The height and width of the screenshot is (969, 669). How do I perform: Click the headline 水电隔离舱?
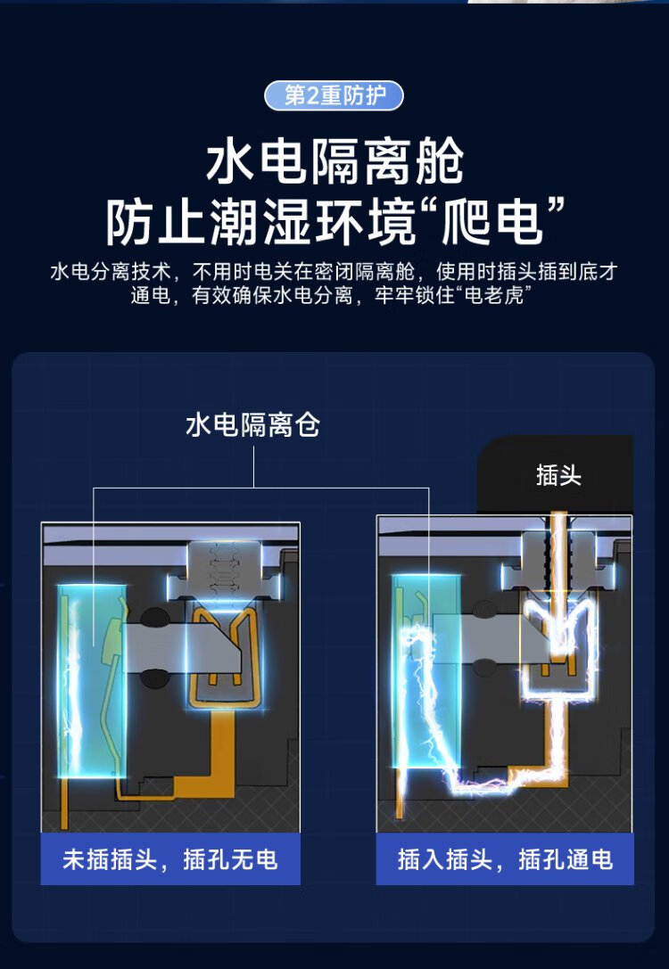(x=334, y=163)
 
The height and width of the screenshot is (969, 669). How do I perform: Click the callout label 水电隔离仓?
(x=252, y=425)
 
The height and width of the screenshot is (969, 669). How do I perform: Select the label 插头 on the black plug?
(x=558, y=475)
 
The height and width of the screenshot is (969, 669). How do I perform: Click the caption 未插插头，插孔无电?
(x=169, y=859)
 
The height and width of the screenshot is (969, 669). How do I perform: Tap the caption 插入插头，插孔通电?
(x=505, y=859)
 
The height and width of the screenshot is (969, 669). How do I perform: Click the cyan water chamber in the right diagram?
(x=426, y=669)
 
